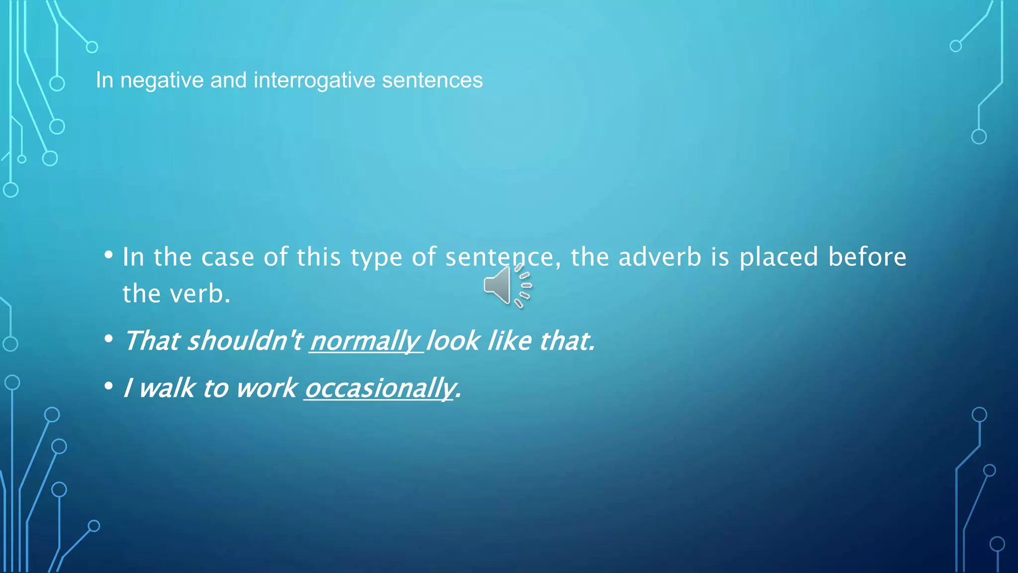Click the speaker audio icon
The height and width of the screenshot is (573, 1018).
coord(507,286)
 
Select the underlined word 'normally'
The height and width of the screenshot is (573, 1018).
coord(365,341)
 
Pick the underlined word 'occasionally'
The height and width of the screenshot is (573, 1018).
coord(380,388)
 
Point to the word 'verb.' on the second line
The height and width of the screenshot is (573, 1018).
coord(200,294)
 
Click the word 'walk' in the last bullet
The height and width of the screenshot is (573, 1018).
coord(167,388)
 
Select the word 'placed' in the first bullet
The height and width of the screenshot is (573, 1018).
coord(778,257)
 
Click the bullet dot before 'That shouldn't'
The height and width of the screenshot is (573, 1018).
coord(109,340)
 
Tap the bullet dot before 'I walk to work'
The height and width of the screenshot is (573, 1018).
coord(109,386)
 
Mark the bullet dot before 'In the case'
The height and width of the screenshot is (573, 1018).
coord(109,256)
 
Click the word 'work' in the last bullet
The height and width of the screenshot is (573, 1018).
coord(266,388)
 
